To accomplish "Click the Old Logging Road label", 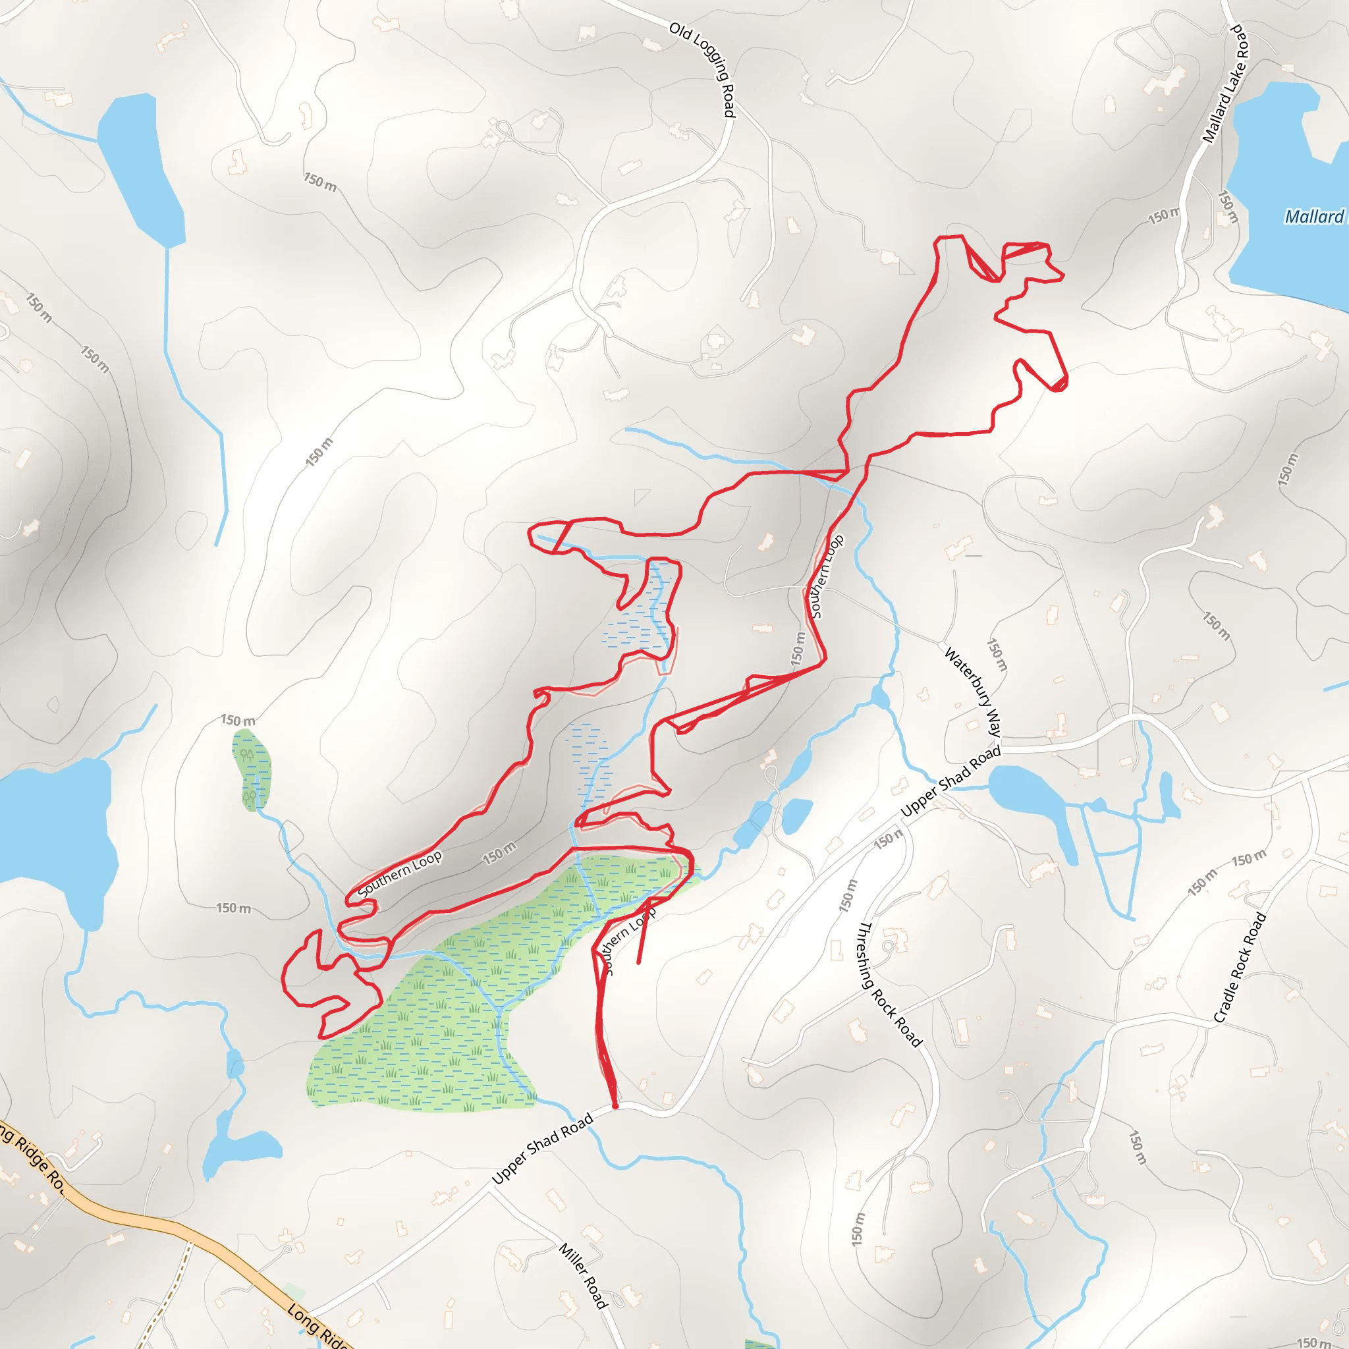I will pyautogui.click(x=702, y=69).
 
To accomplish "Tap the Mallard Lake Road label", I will pyautogui.click(x=1226, y=84).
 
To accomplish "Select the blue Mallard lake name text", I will pyautogui.click(x=1314, y=217).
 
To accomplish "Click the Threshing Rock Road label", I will pyautogui.click(x=889, y=984).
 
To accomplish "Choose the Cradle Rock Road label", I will pyautogui.click(x=1240, y=968).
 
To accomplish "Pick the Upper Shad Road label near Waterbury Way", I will pyautogui.click(x=951, y=781).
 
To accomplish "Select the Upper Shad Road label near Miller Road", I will pyautogui.click(x=543, y=1149).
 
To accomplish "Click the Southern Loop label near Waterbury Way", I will pyautogui.click(x=827, y=576).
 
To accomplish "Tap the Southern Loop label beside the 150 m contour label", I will pyautogui.click(x=399, y=873).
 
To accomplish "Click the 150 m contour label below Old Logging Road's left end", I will pyautogui.click(x=319, y=182).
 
